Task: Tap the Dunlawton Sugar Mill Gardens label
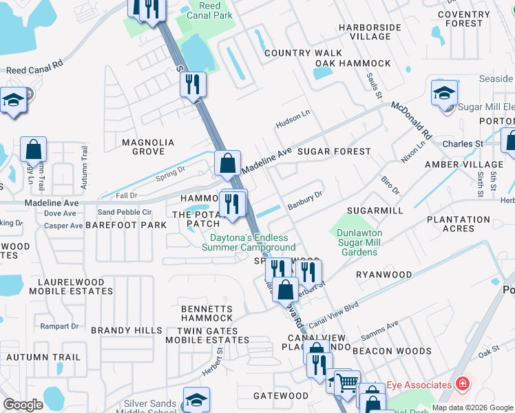click(x=359, y=242)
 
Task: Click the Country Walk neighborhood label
click(x=303, y=53)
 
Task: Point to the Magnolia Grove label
click(x=148, y=147)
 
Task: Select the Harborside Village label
click(x=370, y=32)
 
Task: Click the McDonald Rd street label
click(x=411, y=120)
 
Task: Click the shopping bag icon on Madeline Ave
click(x=227, y=164)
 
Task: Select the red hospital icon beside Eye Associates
click(x=463, y=385)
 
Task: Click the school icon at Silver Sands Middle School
click(x=196, y=399)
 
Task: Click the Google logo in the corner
click(x=23, y=405)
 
